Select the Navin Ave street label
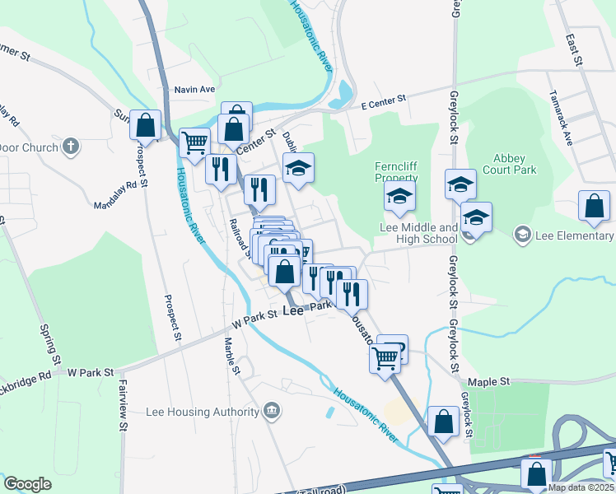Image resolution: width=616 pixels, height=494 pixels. pyautogui.click(x=194, y=89)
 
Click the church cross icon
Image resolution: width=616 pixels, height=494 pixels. pyautogui.click(x=71, y=147)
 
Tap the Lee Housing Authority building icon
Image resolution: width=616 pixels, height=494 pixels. pyautogui.click(x=272, y=411)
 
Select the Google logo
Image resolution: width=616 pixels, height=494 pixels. pyautogui.click(x=27, y=483)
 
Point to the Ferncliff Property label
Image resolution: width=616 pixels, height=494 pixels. pyautogui.click(x=397, y=171)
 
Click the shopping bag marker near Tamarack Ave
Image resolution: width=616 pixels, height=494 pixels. pyautogui.click(x=594, y=207)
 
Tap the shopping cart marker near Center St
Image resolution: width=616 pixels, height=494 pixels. pyautogui.click(x=194, y=142)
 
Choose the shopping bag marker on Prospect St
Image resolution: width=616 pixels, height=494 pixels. pyautogui.click(x=146, y=125)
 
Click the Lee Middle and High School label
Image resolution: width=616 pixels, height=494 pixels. pyautogui.click(x=418, y=233)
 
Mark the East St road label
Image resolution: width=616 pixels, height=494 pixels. pyautogui.click(x=573, y=49)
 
